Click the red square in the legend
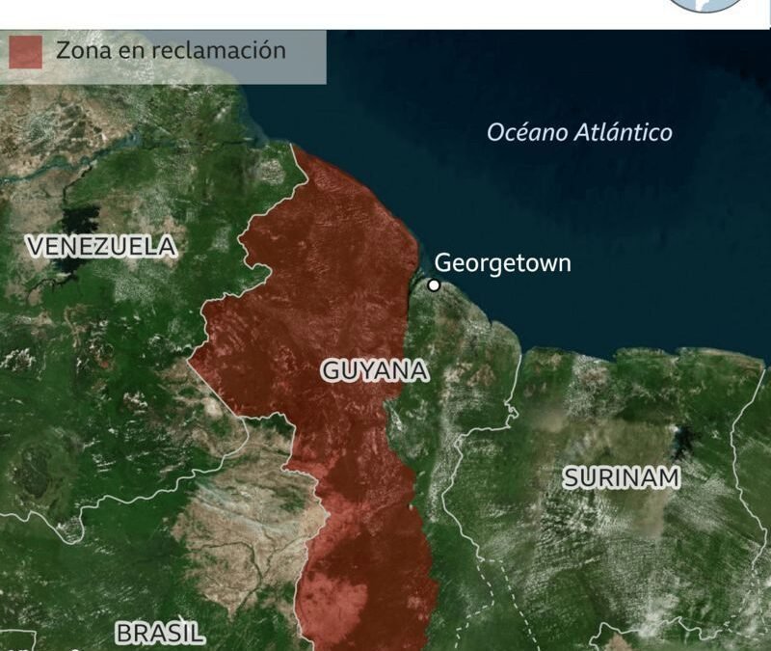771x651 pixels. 26,52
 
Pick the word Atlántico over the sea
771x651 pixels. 623,133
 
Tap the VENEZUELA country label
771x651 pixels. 102,247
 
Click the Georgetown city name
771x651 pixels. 502,262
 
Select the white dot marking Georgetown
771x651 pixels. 434,285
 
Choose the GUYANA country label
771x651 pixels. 375,370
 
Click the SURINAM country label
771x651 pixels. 622,476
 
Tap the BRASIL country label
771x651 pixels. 160,633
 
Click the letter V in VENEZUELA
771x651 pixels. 36,247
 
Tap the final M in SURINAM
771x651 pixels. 669,476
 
